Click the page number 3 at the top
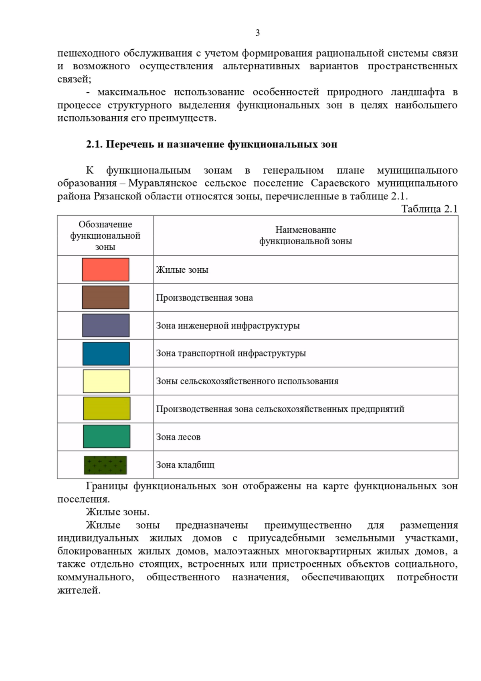257,33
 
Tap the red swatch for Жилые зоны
105,270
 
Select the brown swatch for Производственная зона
105,297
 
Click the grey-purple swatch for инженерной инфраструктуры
106,325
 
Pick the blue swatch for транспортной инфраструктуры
106,353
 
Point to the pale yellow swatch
106,381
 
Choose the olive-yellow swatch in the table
107,408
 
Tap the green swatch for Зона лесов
107,436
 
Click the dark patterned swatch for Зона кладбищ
105,465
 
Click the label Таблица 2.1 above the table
429,209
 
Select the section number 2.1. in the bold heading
95,144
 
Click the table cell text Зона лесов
178,437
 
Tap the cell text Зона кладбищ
185,465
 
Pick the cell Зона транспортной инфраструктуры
231,353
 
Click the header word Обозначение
105,224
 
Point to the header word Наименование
305,230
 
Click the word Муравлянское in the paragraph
163,183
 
